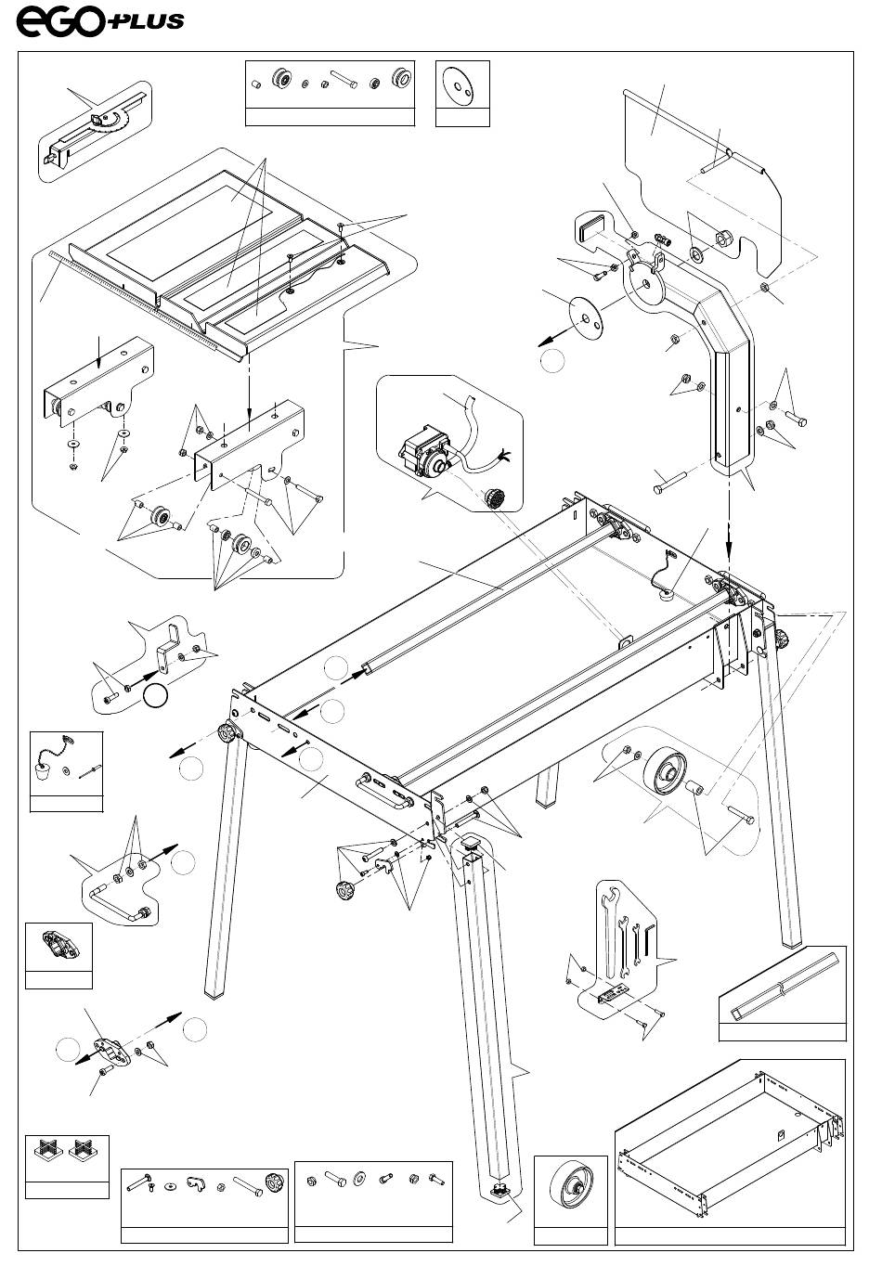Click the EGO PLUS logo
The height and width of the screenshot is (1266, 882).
[x=100, y=22]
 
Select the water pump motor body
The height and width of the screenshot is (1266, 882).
[x=424, y=452]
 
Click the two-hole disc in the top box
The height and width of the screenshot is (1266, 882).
[x=460, y=86]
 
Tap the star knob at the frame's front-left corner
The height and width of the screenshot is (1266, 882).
[x=229, y=734]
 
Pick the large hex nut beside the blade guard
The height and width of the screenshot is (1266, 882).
[x=723, y=238]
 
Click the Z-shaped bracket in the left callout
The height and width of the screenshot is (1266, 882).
[x=167, y=648]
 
